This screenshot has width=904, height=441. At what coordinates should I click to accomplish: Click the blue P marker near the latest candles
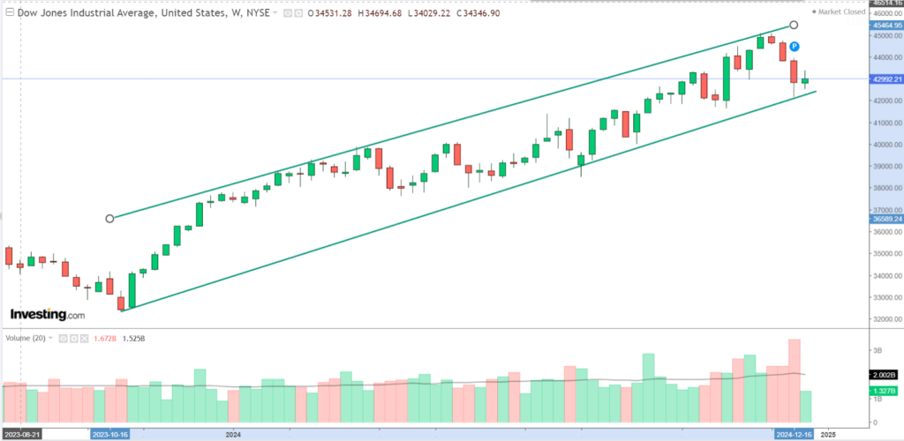pyautogui.click(x=794, y=46)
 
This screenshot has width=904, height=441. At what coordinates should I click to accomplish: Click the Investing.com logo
pyautogui.click(x=48, y=315)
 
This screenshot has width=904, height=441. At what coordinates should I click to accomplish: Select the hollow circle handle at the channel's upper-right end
pyautogui.click(x=794, y=25)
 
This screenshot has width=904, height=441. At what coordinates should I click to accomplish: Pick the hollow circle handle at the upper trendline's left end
pyautogui.click(x=109, y=218)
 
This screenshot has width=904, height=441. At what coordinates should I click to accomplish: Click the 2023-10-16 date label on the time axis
pyautogui.click(x=111, y=434)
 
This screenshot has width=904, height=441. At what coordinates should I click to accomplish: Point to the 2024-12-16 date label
pyautogui.click(x=796, y=434)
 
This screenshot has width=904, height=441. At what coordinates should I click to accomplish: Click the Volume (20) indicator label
pyautogui.click(x=26, y=338)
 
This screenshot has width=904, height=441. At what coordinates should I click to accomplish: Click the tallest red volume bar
pyautogui.click(x=794, y=380)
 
